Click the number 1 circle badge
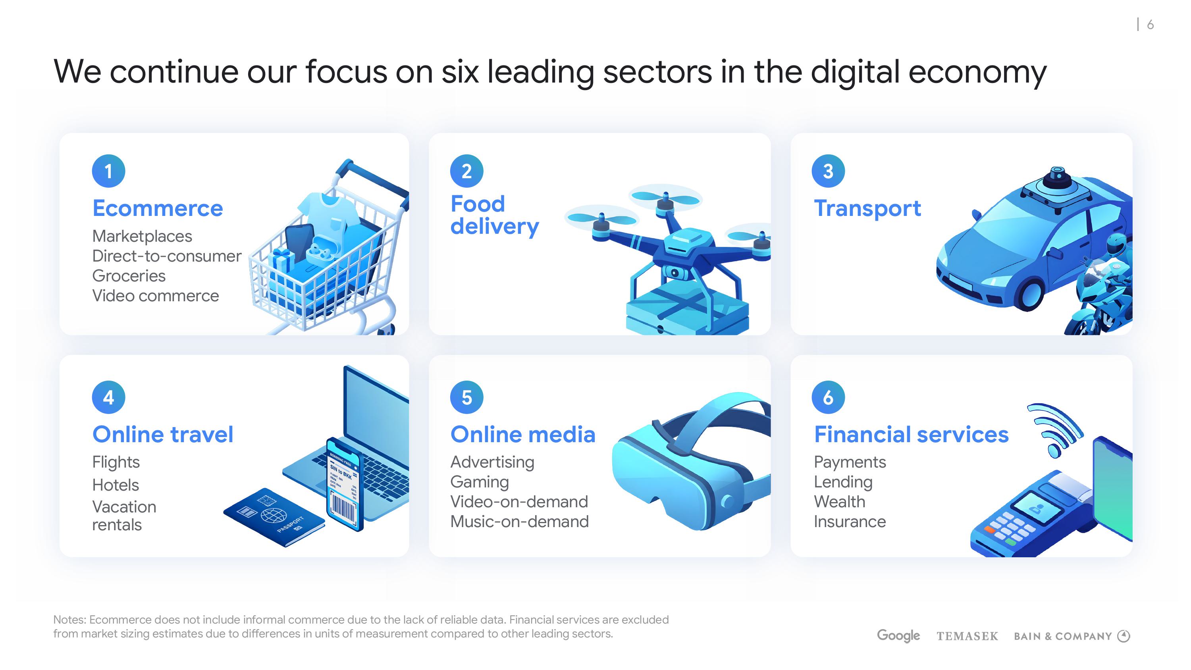[x=109, y=171]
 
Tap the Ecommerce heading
[x=158, y=208]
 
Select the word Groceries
[x=129, y=276]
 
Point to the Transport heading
[x=867, y=208]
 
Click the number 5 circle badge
[x=467, y=397]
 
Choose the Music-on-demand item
[x=520, y=522]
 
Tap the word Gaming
[x=480, y=482]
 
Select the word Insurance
[x=850, y=522]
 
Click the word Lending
[x=843, y=482]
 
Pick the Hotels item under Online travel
[x=116, y=485]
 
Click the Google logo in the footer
[x=898, y=636]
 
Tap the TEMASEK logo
[x=967, y=637]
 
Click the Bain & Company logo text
[x=1063, y=637]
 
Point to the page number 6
[x=1151, y=25]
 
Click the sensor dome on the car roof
[x=1056, y=178]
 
